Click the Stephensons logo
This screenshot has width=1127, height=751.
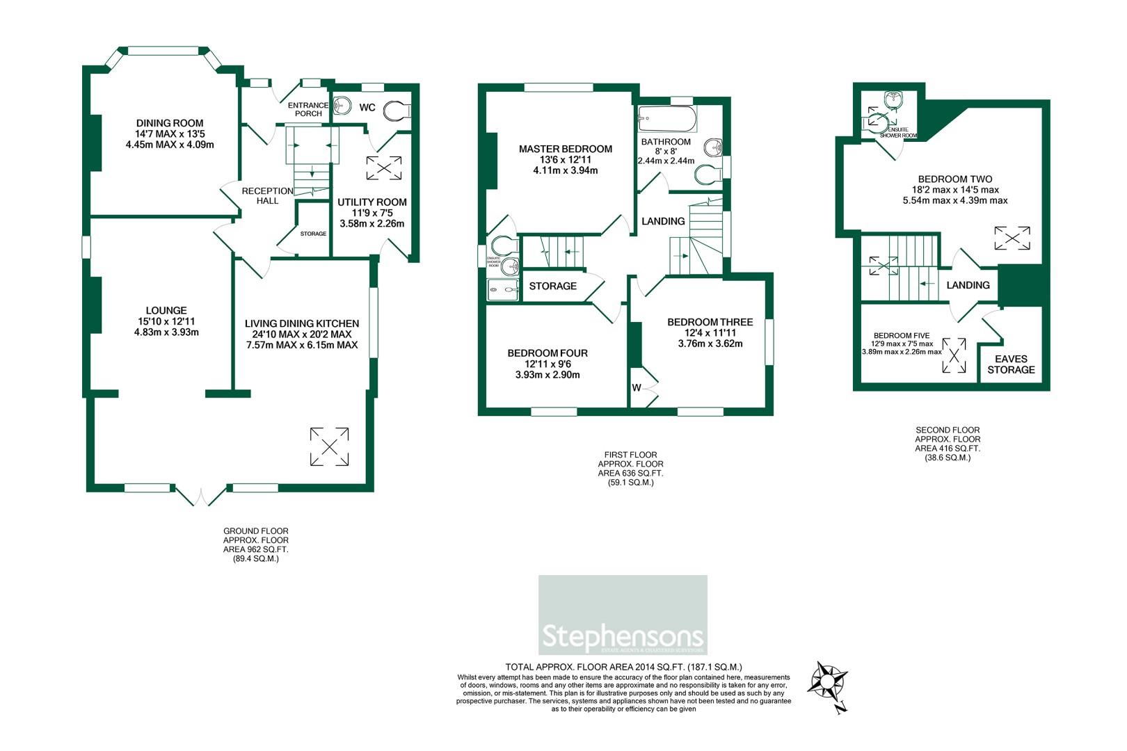coord(623,615)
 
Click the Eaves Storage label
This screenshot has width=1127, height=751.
coord(1011,364)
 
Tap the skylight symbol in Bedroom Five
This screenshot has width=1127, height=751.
coord(954,355)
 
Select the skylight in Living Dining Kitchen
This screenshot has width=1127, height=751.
coord(330,446)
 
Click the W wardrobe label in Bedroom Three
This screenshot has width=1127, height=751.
coord(637,387)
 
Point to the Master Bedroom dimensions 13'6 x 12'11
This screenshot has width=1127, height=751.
coord(565,160)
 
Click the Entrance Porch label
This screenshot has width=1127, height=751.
coord(308,109)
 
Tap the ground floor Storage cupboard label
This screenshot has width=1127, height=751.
coord(313,234)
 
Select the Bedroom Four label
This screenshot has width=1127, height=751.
coord(547,353)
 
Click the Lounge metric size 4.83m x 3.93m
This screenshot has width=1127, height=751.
coord(166,332)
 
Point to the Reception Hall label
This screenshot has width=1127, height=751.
coord(267,195)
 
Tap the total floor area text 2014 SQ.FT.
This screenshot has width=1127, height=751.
coord(624,666)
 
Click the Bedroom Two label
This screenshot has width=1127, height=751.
coord(954,179)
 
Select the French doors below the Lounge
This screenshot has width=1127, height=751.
coord(200,495)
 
